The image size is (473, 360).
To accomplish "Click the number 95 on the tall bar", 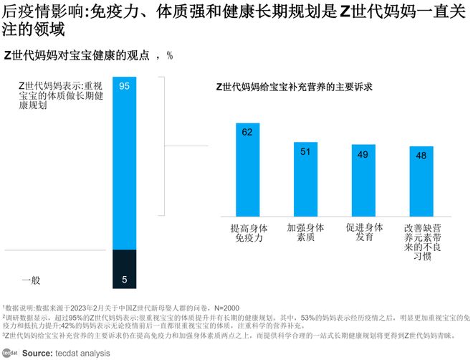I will [124, 86].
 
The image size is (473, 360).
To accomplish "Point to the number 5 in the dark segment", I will [124, 279].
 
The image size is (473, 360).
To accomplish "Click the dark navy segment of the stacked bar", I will [124, 269].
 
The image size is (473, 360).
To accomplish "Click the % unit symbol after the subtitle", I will [170, 55].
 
